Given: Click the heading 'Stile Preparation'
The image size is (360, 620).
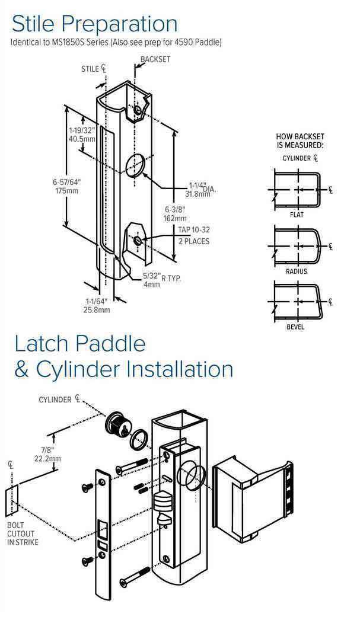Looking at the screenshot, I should (94, 23).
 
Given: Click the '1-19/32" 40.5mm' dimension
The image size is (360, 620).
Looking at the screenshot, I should (81, 135).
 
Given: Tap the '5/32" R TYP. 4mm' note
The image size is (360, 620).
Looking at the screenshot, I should (156, 280).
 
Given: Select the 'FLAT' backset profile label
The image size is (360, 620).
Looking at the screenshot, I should (297, 215).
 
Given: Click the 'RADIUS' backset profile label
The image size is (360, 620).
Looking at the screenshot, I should (297, 271).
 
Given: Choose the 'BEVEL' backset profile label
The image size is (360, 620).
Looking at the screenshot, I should (297, 327).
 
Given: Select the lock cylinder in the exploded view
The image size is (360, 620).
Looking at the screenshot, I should (117, 423).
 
